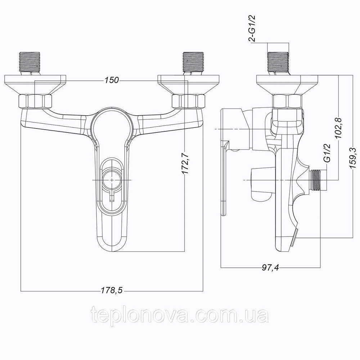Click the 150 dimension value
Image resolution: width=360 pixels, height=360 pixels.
pyautogui.click(x=112, y=80)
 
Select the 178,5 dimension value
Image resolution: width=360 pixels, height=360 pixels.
pyautogui.click(x=112, y=291)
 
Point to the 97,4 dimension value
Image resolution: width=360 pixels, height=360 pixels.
pyautogui.click(x=270, y=267)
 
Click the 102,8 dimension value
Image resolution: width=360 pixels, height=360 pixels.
pyautogui.click(x=338, y=127)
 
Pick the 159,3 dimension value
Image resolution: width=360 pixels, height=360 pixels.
pyautogui.click(x=353, y=158)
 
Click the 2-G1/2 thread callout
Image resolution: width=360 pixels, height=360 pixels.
pyautogui.click(x=252, y=28)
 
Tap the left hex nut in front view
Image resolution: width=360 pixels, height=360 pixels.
pyautogui.click(x=35, y=101)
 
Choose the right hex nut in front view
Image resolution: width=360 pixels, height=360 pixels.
pyautogui.click(x=188, y=101)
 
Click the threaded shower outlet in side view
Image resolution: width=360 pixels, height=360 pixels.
pyautogui.click(x=315, y=180)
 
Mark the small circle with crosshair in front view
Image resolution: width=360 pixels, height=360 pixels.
pyautogui.click(x=112, y=180)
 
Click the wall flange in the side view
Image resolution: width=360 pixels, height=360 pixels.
pyautogui.click(x=287, y=84)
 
